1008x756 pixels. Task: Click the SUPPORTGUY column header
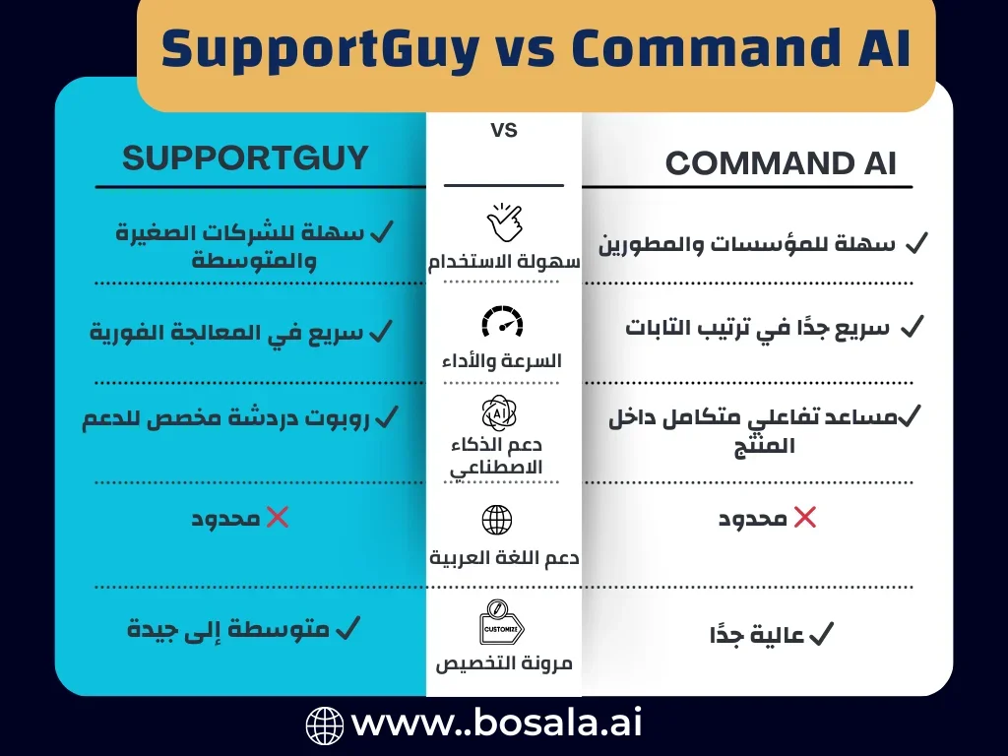point(245,157)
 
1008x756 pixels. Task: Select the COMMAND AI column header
point(781,163)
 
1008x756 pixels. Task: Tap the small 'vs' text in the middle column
point(503,130)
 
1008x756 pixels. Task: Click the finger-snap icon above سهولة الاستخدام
point(503,223)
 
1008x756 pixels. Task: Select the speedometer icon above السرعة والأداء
point(503,322)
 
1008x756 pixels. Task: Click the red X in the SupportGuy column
point(278,518)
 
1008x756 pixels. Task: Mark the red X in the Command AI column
point(805,518)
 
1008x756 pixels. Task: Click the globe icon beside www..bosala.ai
point(325,725)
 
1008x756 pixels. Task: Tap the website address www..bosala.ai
point(496,725)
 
